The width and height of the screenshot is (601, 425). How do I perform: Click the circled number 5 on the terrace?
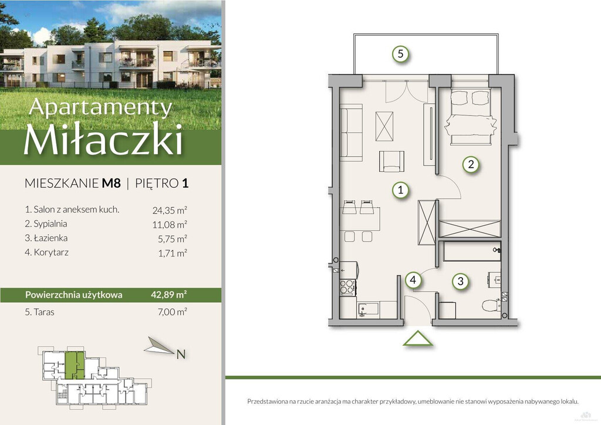400,53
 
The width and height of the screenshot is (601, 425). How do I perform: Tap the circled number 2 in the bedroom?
471,164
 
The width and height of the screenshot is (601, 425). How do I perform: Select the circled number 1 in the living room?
400,190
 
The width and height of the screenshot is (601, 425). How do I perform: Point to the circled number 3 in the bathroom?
460,281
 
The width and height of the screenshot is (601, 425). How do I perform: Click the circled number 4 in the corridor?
413,280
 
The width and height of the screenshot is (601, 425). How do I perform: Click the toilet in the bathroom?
491,305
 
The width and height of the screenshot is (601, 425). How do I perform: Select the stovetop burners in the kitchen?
347,287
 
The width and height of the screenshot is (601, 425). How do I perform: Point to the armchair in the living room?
391,161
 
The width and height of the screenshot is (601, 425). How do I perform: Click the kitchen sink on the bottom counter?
368,309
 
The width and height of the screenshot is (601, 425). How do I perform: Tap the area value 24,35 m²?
170,210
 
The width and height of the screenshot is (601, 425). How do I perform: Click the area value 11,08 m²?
170,225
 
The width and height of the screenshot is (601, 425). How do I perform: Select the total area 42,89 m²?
169,295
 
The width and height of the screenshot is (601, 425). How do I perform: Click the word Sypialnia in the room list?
50,224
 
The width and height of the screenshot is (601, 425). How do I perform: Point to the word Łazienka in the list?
50,238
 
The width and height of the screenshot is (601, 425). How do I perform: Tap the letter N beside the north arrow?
181,355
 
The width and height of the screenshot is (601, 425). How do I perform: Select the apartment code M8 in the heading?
111,183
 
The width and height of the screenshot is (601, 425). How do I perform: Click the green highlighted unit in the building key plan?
74,366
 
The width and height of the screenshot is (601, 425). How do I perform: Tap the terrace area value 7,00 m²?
172,312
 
